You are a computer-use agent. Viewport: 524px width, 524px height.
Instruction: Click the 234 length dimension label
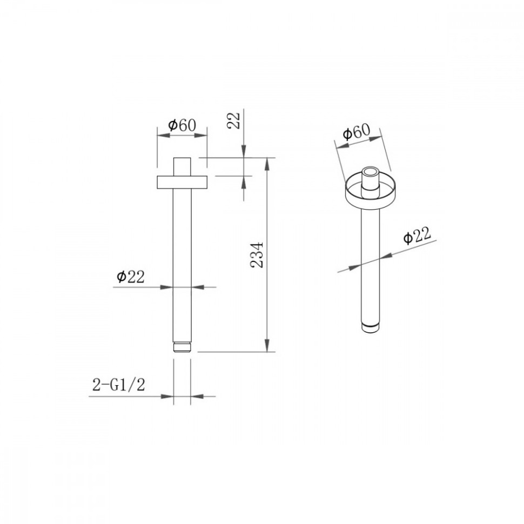coord(257,254)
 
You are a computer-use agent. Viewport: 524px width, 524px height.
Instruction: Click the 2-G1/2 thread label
coord(119,385)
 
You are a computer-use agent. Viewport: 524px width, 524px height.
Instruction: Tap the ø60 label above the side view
coord(182,125)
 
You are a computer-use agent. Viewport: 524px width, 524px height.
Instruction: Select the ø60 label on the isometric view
coord(357,132)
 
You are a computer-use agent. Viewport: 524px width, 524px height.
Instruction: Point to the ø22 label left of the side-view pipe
coord(131,277)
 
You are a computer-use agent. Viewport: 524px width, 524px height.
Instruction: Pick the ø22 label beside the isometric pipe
coord(416,236)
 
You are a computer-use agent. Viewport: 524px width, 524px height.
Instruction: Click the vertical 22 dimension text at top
coord(234,120)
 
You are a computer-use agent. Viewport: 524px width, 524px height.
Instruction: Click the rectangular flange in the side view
coord(182,182)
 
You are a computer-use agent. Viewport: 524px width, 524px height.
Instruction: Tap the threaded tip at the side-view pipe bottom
coord(182,347)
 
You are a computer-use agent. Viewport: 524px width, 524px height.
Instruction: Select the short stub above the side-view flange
coord(182,166)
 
